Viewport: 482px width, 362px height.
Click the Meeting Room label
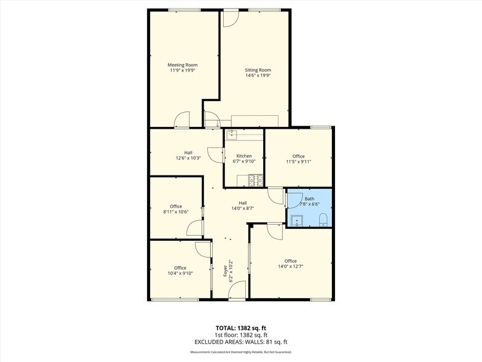pos(183,65)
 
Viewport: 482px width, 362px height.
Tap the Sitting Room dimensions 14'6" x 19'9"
pos(258,76)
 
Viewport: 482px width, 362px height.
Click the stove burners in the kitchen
pos(255,180)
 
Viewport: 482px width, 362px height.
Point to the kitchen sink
pos(232,134)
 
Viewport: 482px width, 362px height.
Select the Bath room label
pos(309,198)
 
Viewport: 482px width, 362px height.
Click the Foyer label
pos(226,271)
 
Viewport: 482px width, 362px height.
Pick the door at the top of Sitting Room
pos(230,18)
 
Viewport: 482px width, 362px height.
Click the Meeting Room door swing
pos(182,121)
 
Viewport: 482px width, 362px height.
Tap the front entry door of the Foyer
pos(238,290)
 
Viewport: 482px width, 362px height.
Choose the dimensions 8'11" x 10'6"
pos(176,212)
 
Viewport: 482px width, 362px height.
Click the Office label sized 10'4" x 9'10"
pos(180,268)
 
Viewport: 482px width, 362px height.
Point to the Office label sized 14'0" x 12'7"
pos(290,260)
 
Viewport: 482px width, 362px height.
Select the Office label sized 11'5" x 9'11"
pos(299,156)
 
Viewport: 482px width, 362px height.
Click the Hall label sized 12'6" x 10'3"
pos(188,152)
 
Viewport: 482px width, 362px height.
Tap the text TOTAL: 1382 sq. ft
pos(240,328)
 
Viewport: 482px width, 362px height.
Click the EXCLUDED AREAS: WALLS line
pos(240,342)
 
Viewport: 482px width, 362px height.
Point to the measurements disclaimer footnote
pos(240,352)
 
